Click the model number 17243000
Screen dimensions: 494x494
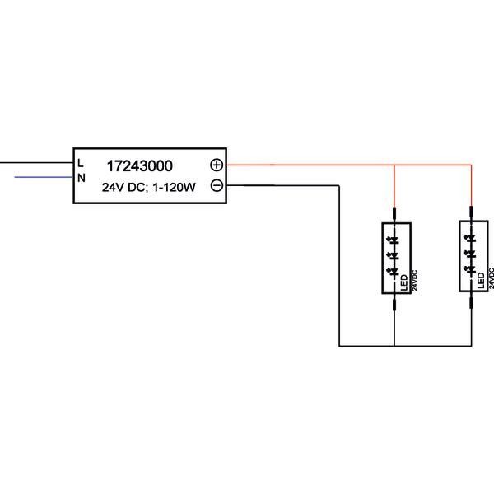click(139, 165)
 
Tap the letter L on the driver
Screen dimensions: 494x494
click(80, 162)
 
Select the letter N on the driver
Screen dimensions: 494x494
click(81, 177)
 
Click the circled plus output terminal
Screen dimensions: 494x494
click(217, 165)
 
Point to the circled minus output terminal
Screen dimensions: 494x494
click(217, 185)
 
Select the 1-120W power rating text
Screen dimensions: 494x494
click(172, 187)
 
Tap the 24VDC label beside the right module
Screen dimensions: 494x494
click(491, 279)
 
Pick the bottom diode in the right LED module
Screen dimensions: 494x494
click(470, 268)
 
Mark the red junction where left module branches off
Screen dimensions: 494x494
click(395, 165)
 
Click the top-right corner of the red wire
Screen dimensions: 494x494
click(471, 165)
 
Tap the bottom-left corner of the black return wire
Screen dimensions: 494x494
click(340, 345)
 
